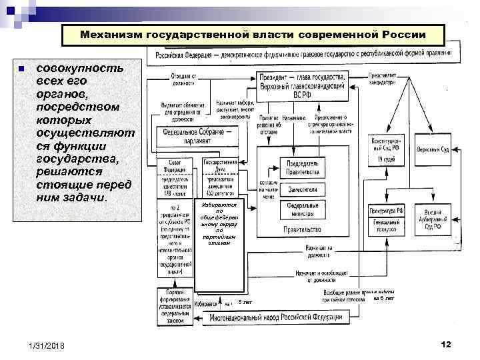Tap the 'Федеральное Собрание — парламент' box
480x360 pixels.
(x=198, y=135)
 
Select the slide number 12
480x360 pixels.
(x=446, y=343)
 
